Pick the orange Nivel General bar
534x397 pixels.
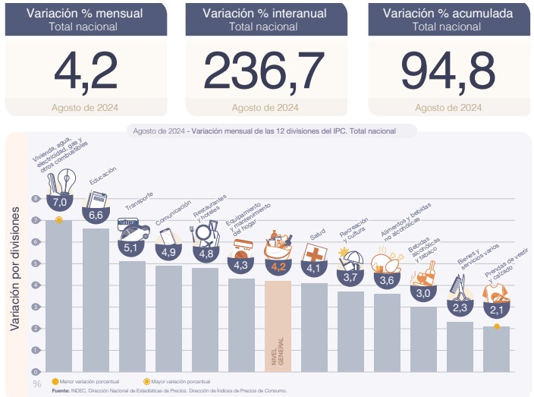tap(278, 326)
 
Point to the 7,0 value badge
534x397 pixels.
tap(60, 203)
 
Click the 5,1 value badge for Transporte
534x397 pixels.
tap(131, 247)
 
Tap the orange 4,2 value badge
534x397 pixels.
tap(278, 266)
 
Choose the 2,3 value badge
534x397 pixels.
tap(460, 307)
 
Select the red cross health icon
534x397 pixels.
tap(314, 252)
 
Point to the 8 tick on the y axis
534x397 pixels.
tap(35, 199)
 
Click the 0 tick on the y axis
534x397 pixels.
tap(35, 371)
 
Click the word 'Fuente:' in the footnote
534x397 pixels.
tap(60, 390)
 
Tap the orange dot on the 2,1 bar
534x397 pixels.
tap(496, 327)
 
